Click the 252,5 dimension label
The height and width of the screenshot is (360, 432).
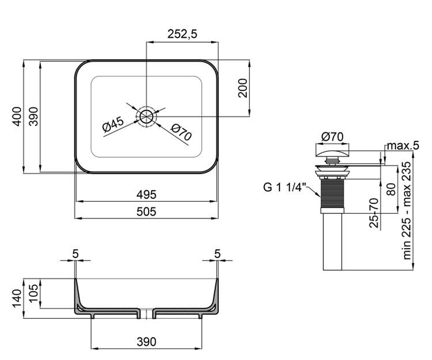click(182, 34)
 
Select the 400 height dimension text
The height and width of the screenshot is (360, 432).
click(17, 117)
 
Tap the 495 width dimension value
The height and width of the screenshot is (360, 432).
click(146, 195)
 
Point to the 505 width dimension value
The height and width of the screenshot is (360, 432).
click(146, 212)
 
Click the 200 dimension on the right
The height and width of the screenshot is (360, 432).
click(243, 88)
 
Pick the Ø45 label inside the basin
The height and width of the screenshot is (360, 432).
click(113, 125)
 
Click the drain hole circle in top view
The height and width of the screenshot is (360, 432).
click(146, 117)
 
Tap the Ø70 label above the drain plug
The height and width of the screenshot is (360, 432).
click(332, 137)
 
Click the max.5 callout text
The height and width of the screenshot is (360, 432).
click(403, 146)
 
